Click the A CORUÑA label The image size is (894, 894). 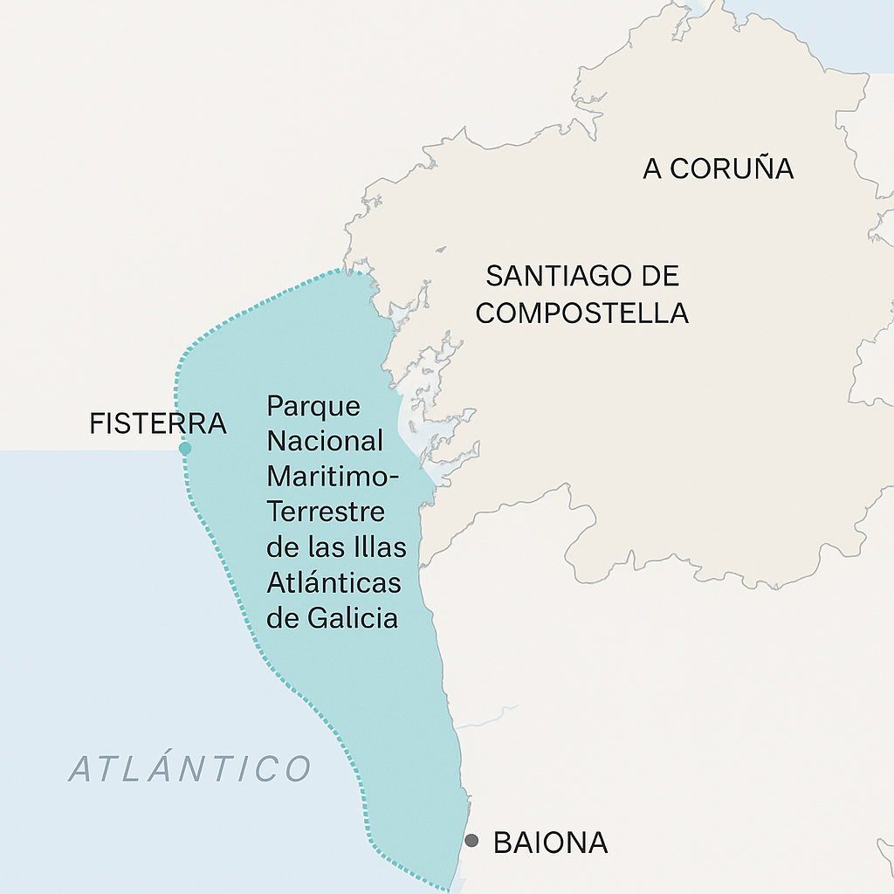click(718, 168)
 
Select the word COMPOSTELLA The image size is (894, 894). click(582, 313)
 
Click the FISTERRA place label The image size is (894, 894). click(158, 424)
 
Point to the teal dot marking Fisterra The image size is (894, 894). click(185, 449)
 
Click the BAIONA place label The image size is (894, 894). click(550, 842)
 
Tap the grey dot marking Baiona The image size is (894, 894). click(471, 841)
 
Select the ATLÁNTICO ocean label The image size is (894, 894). click(190, 769)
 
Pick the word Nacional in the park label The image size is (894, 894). click(325, 441)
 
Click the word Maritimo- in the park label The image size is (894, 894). click(333, 477)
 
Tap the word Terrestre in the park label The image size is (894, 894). click(326, 512)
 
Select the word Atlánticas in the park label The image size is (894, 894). click(334, 582)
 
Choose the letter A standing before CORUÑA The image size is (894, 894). click(653, 168)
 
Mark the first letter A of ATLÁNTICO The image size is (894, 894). click(81, 769)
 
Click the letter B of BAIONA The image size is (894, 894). click(504, 842)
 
